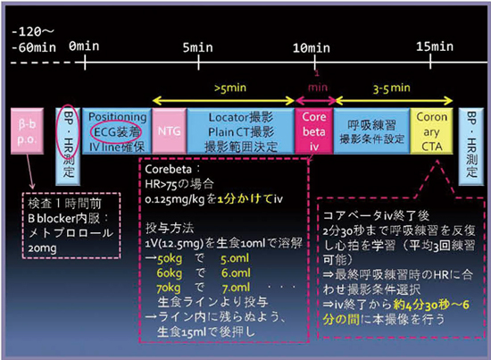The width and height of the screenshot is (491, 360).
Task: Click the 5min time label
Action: point(197,44)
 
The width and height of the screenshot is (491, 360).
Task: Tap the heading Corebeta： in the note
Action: point(170,166)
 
